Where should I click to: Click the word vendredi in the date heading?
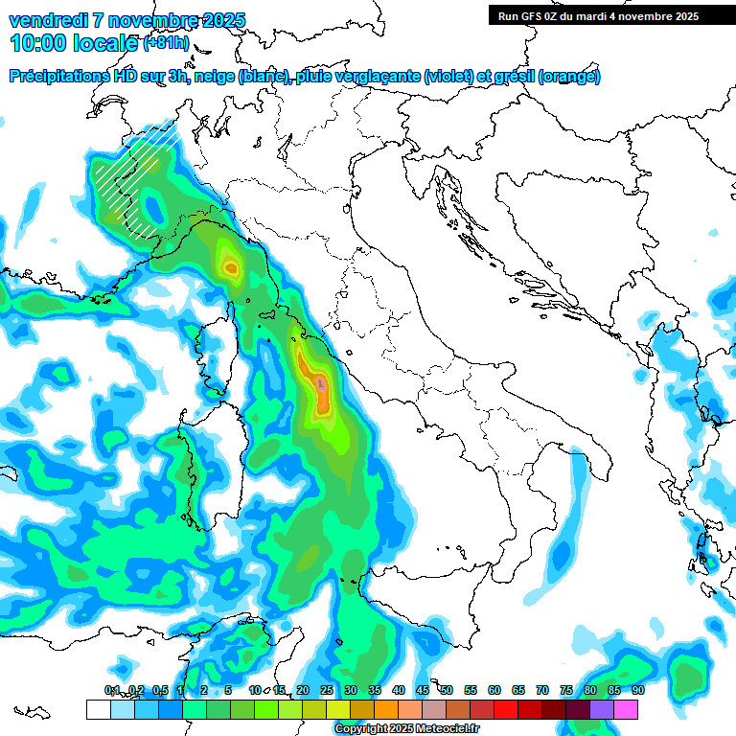pyautogui.click(x=48, y=20)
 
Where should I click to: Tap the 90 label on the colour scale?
pyautogui.click(x=637, y=690)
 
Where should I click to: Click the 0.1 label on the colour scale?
pyautogui.click(x=111, y=690)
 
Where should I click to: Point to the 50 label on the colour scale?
pyautogui.click(x=447, y=690)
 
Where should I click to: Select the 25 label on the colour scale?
pyautogui.click(x=327, y=690)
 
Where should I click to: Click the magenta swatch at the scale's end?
pyautogui.click(x=626, y=709)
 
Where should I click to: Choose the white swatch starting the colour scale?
pyautogui.click(x=98, y=709)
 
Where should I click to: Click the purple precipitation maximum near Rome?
pyautogui.click(x=321, y=383)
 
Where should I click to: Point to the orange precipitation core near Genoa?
pyautogui.click(x=230, y=267)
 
